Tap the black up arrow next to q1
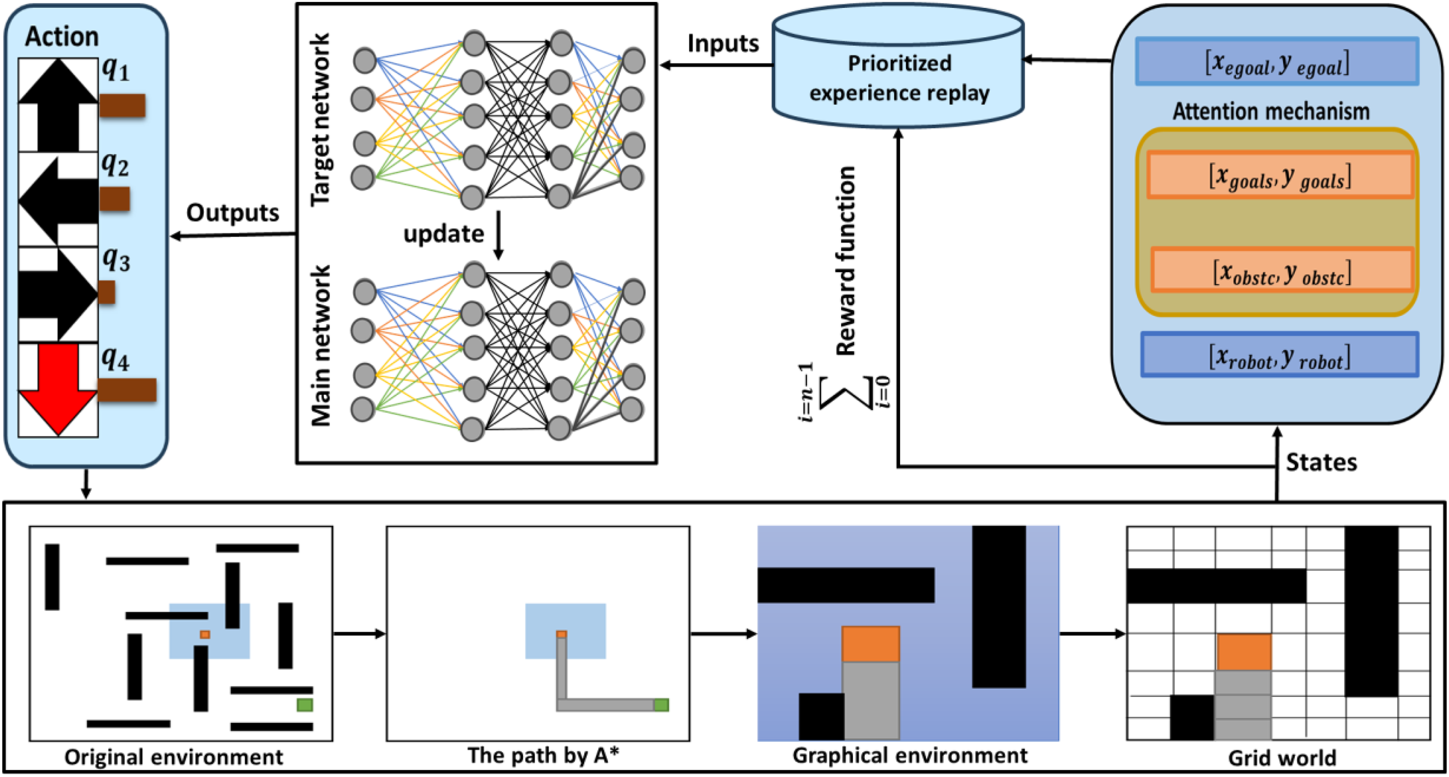tap(58, 105)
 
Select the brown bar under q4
tap(127, 390)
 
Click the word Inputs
tap(723, 43)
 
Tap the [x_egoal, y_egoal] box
tap(1277, 61)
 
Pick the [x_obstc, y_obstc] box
tap(1282, 270)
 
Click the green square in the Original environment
tap(305, 705)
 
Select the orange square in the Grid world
tap(1244, 652)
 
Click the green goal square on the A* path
tap(661, 705)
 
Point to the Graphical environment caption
tap(910, 755)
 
